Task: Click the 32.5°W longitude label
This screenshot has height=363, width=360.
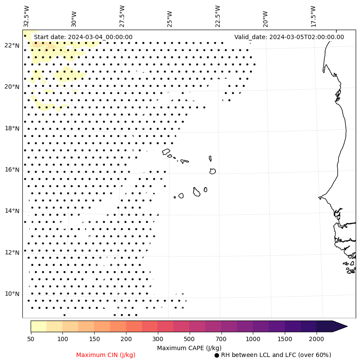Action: (x=27, y=16)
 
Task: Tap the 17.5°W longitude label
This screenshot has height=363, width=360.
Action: (x=313, y=16)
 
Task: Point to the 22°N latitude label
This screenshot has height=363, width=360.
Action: (x=12, y=46)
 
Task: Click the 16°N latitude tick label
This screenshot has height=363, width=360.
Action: (x=12, y=170)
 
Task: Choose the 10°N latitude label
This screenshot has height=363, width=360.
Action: (x=12, y=294)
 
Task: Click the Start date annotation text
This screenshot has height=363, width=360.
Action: (x=83, y=37)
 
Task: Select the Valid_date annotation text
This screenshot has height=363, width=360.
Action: (x=289, y=37)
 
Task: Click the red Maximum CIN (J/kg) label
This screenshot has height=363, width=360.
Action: (x=106, y=355)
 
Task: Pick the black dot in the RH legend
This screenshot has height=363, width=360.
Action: (x=217, y=355)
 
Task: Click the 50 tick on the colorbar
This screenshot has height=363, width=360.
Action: (x=31, y=339)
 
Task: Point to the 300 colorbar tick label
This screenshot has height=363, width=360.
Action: (x=158, y=339)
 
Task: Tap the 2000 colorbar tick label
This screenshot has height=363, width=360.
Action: (x=317, y=339)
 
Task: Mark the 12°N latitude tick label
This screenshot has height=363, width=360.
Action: (x=12, y=253)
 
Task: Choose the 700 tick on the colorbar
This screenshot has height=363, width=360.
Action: (x=221, y=339)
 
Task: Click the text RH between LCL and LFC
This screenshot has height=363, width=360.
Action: (x=276, y=355)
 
